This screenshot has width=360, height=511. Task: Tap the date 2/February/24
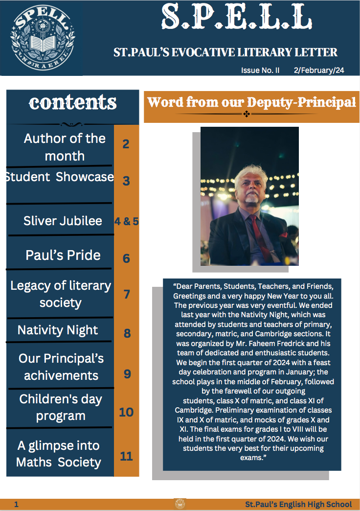point(319,70)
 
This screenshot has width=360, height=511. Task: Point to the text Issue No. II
point(260,70)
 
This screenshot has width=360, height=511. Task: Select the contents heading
point(72,102)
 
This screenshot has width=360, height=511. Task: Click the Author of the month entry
point(65,147)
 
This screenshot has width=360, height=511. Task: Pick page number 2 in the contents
point(126,144)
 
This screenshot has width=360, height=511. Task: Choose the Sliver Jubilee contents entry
point(63,220)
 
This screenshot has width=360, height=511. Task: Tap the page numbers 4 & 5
point(126,221)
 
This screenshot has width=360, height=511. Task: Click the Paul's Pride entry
point(63,255)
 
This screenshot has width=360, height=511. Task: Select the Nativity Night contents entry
point(58,330)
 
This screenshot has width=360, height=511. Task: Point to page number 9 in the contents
point(127,374)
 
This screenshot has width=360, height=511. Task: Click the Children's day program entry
point(61,407)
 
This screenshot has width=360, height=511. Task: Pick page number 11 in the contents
point(126,456)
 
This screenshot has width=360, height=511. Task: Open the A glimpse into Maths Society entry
point(59,454)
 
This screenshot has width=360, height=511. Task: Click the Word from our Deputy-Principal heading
point(251,103)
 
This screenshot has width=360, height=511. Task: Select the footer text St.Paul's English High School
point(298,504)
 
